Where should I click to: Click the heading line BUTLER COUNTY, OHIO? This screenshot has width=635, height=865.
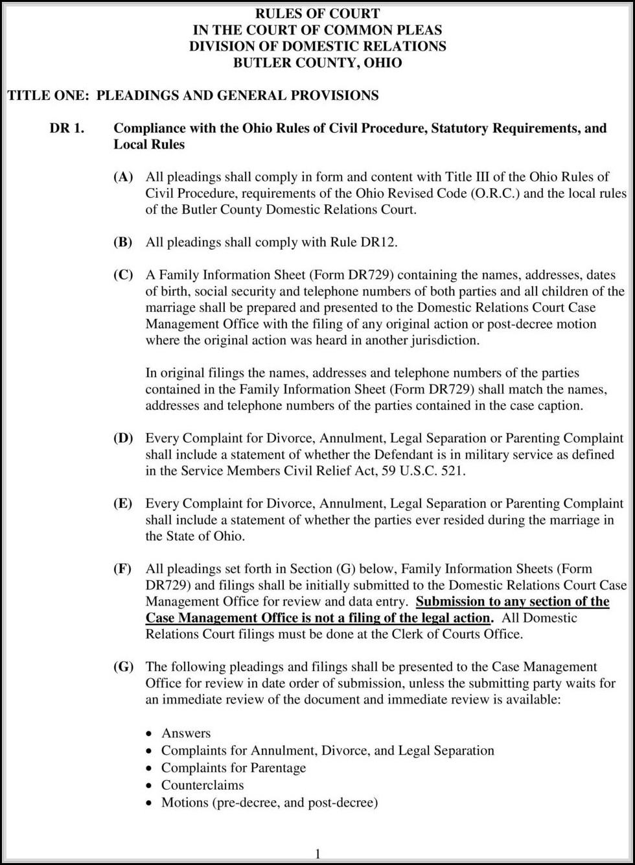(x=317, y=63)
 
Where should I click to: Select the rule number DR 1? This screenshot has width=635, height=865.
(x=67, y=128)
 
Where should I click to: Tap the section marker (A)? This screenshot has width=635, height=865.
(x=123, y=177)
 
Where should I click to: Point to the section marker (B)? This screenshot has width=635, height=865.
(x=123, y=243)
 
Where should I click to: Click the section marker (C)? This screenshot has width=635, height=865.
(x=123, y=275)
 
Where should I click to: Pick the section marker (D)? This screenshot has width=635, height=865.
(x=123, y=438)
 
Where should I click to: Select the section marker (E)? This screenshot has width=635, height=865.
(x=123, y=504)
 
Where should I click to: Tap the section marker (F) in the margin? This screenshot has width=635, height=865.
(x=122, y=569)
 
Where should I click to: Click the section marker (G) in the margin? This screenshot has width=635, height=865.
(x=123, y=667)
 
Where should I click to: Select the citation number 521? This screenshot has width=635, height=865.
(x=452, y=471)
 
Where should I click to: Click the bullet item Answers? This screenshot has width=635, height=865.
(x=186, y=733)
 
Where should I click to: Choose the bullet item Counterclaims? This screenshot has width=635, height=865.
(x=202, y=785)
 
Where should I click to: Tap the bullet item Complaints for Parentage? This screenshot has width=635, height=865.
(x=233, y=768)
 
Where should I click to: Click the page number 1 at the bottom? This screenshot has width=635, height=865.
(x=317, y=853)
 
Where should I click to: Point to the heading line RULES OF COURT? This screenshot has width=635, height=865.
(x=317, y=14)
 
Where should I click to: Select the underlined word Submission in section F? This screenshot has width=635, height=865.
(x=456, y=601)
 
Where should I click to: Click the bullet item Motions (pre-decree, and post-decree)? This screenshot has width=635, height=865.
(x=269, y=803)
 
